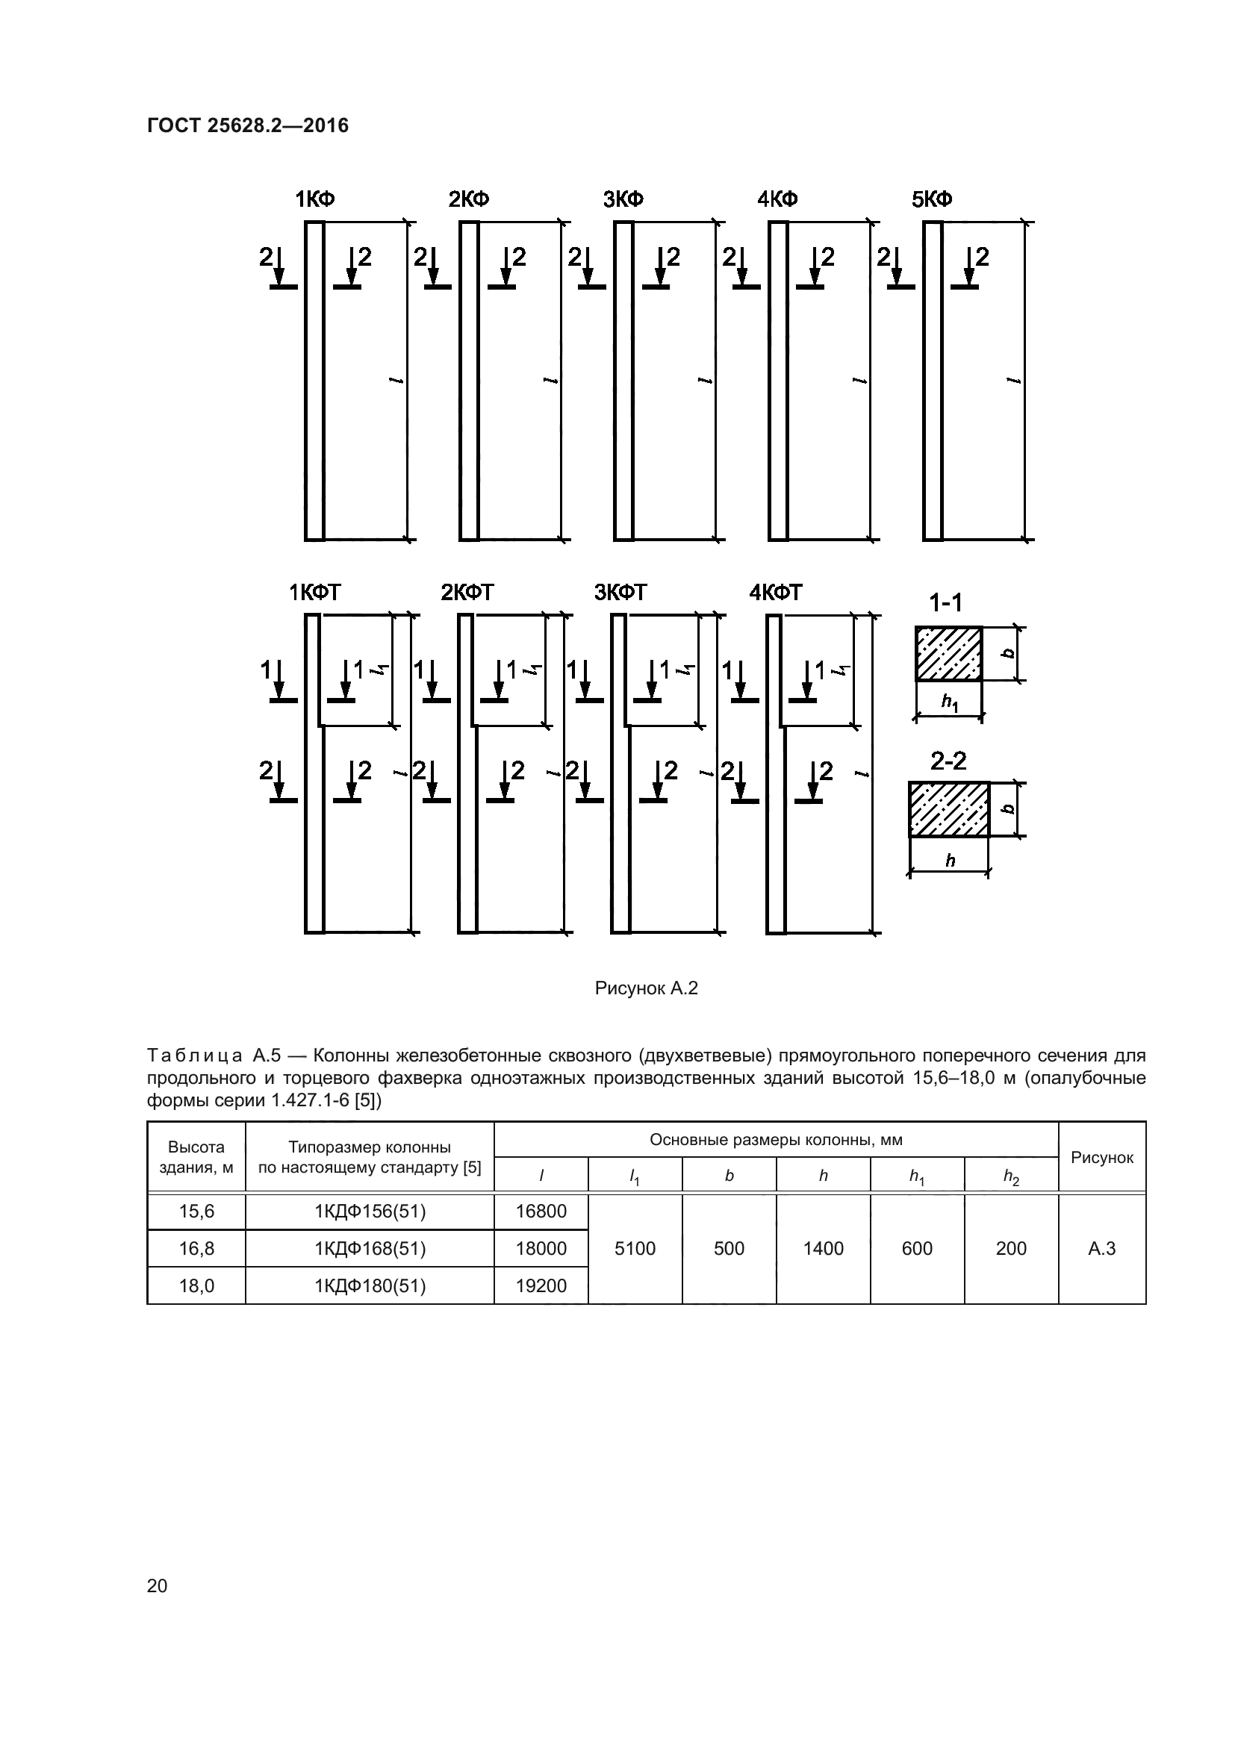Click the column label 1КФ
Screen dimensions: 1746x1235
coord(315,199)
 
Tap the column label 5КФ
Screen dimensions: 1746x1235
coord(932,199)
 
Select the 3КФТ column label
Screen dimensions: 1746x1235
coord(620,593)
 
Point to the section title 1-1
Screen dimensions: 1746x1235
coord(945,603)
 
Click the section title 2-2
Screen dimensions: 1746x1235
coord(948,761)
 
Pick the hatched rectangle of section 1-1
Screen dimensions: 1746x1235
coord(948,653)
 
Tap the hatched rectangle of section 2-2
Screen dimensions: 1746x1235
coord(949,809)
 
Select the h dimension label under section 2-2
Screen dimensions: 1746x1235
coord(950,861)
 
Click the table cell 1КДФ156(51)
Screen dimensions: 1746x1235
coord(370,1212)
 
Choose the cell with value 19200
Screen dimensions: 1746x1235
coord(541,1286)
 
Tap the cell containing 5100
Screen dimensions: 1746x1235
coord(634,1249)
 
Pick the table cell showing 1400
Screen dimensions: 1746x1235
coord(823,1249)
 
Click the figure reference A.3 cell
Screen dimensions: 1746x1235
coord(1101,1249)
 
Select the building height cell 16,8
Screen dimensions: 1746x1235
coord(196,1249)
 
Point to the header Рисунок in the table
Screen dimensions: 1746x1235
coord(1101,1158)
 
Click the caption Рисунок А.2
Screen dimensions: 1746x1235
coord(646,988)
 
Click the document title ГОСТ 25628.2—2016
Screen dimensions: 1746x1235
coord(248,125)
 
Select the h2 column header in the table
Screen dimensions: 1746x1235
coord(1011,1176)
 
